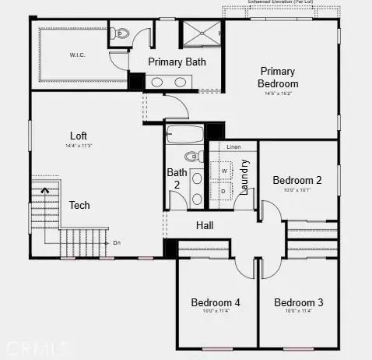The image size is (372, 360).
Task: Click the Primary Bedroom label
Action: coord(279,77)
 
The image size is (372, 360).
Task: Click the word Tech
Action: coord(80,206)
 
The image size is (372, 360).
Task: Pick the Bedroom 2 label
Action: coord(297,180)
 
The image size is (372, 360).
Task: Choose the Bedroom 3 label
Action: coord(298,302)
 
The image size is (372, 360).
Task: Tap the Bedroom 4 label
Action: coord(216,302)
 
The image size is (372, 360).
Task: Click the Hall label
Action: coord(205,226)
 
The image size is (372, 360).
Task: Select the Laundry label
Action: coord(244,178)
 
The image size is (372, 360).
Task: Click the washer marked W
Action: coord(225,169)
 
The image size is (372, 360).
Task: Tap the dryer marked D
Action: coord(225,190)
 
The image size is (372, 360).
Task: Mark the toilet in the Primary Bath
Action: coord(119,34)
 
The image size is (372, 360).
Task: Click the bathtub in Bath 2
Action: coord(185,133)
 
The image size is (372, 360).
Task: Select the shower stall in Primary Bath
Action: coord(202,36)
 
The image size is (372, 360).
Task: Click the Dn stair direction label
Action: coord(117,242)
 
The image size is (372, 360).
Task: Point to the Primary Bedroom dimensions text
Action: coord(279,94)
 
